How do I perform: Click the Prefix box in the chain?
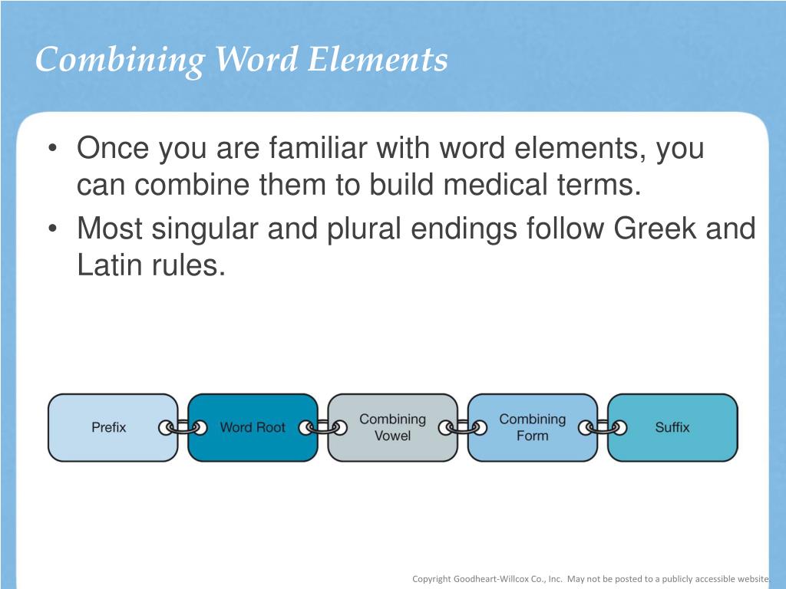[x=109, y=427]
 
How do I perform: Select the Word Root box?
[x=252, y=427]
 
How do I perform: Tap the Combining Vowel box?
[x=392, y=427]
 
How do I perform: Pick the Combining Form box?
[x=532, y=427]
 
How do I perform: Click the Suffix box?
[x=672, y=427]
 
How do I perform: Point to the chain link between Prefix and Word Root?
[x=183, y=428]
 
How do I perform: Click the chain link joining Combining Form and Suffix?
[x=603, y=428]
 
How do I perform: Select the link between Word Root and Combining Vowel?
[x=322, y=428]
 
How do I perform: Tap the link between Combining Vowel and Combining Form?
[x=463, y=428]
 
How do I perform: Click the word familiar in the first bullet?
[x=318, y=148]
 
